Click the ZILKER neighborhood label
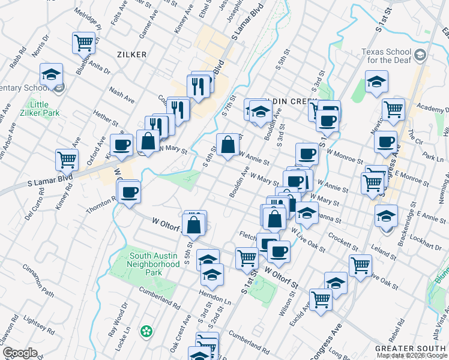(x=132, y=55)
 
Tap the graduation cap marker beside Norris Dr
(x=52, y=75)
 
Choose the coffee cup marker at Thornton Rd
(x=130, y=193)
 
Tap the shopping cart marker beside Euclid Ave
(x=321, y=299)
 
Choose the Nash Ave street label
(x=121, y=92)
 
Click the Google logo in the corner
(x=20, y=352)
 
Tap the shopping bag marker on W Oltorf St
(x=194, y=226)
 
